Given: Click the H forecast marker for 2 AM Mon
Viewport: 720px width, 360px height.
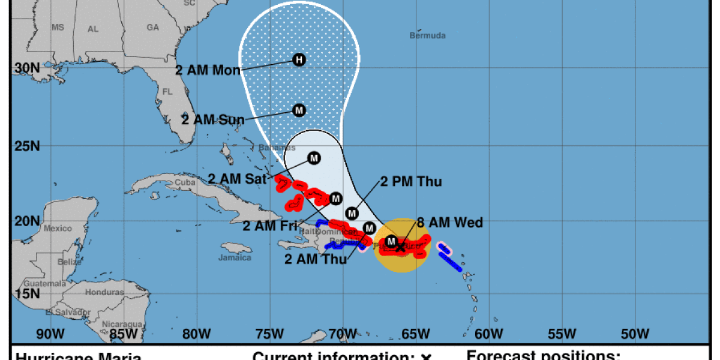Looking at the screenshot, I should click(x=299, y=59).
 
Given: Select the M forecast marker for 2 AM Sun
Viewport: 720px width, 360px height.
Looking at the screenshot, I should click(x=299, y=110).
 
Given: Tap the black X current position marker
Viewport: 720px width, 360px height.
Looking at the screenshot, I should click(x=401, y=247).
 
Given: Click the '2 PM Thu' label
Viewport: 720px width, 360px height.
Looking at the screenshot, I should click(x=412, y=182).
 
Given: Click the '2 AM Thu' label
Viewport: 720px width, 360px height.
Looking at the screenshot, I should click(x=315, y=260).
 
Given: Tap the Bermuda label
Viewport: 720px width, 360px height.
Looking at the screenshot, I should click(x=428, y=35).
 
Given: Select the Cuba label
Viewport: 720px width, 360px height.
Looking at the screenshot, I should click(x=185, y=182).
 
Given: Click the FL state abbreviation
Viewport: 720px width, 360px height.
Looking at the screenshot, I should click(x=168, y=92).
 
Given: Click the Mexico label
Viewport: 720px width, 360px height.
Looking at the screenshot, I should click(x=57, y=229).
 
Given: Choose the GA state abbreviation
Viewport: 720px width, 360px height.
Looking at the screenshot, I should click(x=153, y=28).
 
